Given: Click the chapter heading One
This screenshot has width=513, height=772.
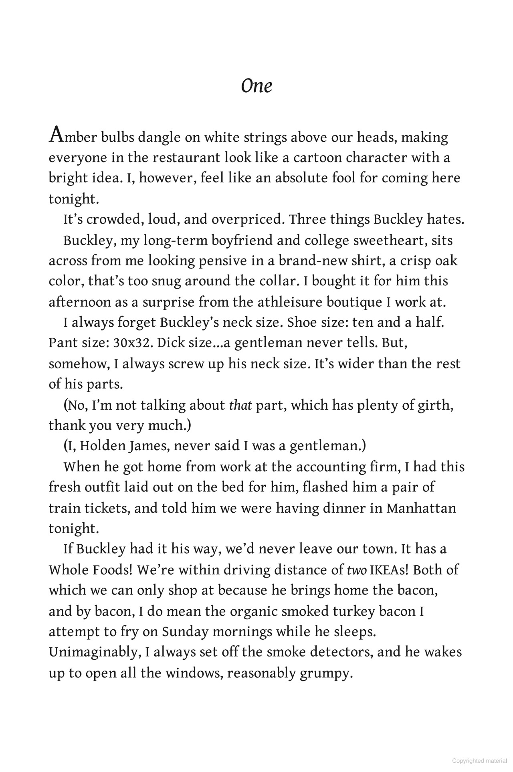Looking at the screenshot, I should [x=256, y=86].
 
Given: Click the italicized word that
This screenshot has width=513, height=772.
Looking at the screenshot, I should [x=240, y=405].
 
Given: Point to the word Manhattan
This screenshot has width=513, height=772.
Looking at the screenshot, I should [x=421, y=508].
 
